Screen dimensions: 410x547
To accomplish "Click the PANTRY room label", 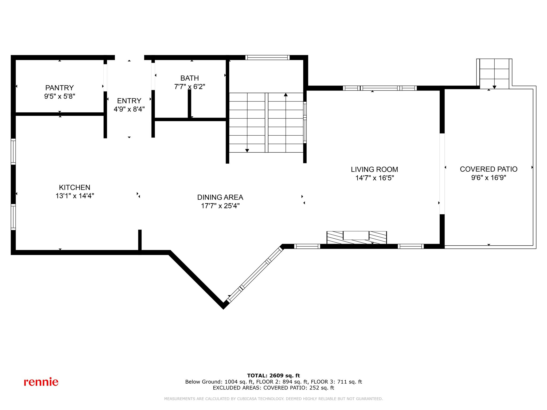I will tap(59, 88).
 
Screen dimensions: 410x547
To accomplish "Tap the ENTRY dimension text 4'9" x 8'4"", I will tap(129, 109).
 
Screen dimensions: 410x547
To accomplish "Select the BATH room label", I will tap(189, 78).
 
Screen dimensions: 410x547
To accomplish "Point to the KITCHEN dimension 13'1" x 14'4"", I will tap(75, 196).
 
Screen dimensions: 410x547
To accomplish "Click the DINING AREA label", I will tap(220, 197).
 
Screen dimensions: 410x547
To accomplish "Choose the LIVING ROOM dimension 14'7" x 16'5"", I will tap(374, 178).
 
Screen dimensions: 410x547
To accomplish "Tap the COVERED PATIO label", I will tap(489, 169).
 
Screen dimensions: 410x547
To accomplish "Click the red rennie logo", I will tap(41, 382).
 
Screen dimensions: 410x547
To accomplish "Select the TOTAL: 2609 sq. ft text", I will tap(273, 376).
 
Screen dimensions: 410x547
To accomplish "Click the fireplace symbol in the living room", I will tap(357, 237).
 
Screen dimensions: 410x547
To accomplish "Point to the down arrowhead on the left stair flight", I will tap(247, 151).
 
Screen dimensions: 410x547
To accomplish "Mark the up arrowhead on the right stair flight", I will tap(286, 95).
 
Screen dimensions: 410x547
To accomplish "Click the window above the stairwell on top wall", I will tap(267, 57).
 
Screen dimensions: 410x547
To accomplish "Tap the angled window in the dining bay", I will tap(255, 275).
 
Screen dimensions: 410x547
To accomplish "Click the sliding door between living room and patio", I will tap(442, 174).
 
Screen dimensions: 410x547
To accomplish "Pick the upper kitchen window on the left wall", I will tap(13, 151).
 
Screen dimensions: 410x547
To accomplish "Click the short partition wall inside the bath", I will tap(189, 103).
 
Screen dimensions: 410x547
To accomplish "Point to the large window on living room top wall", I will tap(380, 88).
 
